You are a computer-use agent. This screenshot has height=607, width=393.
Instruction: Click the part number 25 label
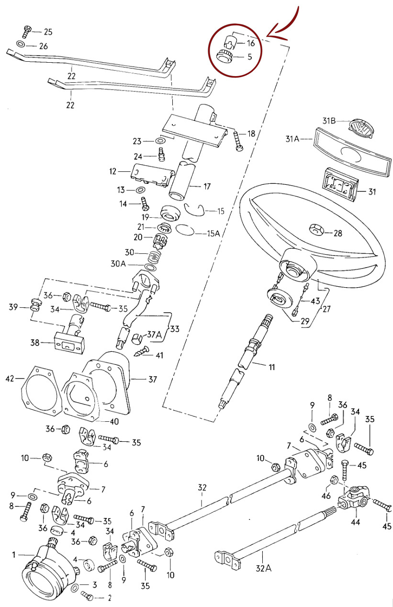click(x=48, y=32)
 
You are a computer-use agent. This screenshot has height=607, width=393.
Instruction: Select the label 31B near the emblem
click(x=329, y=121)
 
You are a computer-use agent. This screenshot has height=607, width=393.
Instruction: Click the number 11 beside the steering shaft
click(x=271, y=368)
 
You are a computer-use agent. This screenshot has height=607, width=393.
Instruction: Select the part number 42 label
click(x=10, y=379)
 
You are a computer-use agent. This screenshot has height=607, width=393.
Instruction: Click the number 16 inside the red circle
click(x=251, y=43)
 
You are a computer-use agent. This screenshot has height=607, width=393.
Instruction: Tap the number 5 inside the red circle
click(x=250, y=56)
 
